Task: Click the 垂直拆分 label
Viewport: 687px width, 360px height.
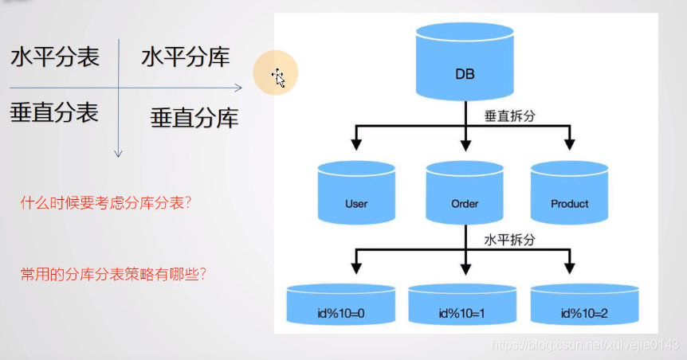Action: (x=510, y=115)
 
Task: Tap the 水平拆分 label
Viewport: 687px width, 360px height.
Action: (x=510, y=238)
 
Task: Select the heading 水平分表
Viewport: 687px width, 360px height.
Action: (x=55, y=58)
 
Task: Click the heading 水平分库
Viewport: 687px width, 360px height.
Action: (x=186, y=57)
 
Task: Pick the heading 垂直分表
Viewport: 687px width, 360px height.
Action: (x=54, y=112)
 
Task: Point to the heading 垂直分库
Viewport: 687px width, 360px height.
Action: (x=194, y=119)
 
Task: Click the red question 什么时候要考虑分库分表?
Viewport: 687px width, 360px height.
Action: (x=106, y=203)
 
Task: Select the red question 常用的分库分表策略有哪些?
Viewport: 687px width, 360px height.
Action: (x=113, y=274)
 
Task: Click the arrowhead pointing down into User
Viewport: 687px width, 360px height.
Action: (x=357, y=144)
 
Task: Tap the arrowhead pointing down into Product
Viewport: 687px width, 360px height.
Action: (x=569, y=144)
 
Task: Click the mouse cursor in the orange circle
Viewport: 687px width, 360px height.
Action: (x=277, y=77)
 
